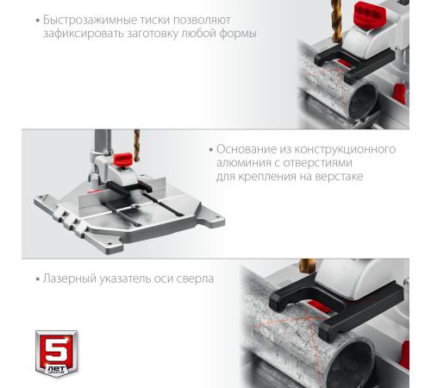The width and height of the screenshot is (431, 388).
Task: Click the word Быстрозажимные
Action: [90, 21]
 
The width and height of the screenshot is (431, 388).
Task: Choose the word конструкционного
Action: [345, 150]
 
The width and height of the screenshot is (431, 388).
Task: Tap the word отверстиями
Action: [318, 163]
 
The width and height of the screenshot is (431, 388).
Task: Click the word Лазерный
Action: [69, 278]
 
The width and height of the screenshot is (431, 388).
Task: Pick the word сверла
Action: [195, 279]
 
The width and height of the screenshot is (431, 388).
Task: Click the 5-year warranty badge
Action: [56, 354]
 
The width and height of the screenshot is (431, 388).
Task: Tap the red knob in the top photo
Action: [369, 16]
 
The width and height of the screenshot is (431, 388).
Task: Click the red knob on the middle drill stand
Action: [122, 159]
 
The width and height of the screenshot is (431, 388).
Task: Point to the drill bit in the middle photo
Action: [137, 145]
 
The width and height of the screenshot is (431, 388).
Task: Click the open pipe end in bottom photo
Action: [353, 364]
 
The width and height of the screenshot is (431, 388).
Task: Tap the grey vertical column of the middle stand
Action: [103, 143]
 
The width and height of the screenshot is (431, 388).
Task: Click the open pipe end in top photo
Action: [363, 100]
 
